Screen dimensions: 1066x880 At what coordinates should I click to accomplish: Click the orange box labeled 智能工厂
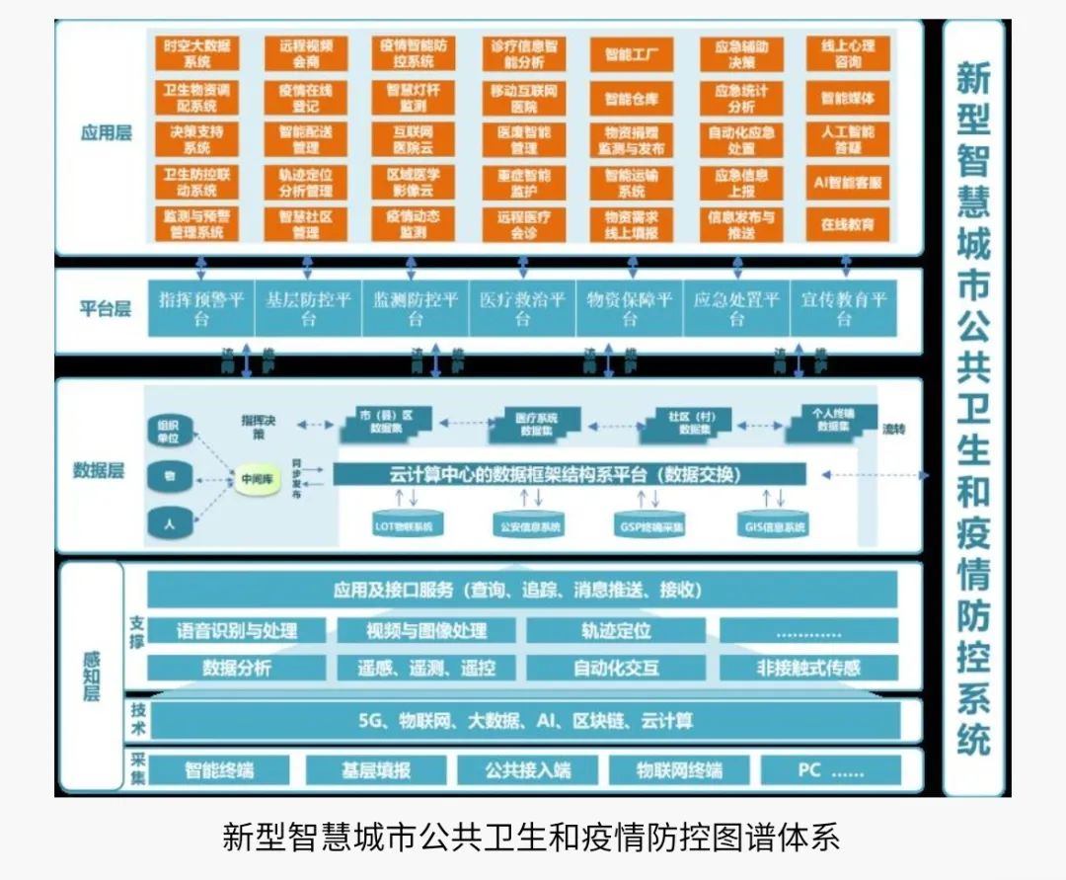tap(632, 54)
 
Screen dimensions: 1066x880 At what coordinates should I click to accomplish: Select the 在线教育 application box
tap(848, 224)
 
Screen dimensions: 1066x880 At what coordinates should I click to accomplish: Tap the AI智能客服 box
tap(848, 183)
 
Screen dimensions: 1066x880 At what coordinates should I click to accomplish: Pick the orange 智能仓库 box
tap(632, 99)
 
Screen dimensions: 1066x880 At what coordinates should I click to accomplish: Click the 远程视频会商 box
tap(306, 54)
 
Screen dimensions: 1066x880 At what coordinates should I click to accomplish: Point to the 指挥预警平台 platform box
tap(201, 309)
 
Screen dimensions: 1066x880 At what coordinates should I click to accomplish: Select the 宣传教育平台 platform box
tap(844, 309)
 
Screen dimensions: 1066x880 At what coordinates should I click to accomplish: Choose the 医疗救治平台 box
tap(522, 309)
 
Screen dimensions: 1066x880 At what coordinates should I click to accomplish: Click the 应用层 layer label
tap(106, 131)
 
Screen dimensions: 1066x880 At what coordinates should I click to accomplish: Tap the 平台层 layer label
tap(106, 309)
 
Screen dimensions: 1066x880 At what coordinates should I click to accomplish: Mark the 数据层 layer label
tap(99, 470)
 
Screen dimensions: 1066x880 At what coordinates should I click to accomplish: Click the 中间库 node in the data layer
tap(256, 480)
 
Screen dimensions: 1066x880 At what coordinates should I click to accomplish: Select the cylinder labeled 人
tap(170, 524)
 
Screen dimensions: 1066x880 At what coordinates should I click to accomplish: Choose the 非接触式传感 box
tap(808, 668)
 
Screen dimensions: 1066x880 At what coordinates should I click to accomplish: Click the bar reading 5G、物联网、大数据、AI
tap(524, 721)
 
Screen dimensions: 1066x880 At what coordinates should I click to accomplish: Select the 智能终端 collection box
tap(220, 770)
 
